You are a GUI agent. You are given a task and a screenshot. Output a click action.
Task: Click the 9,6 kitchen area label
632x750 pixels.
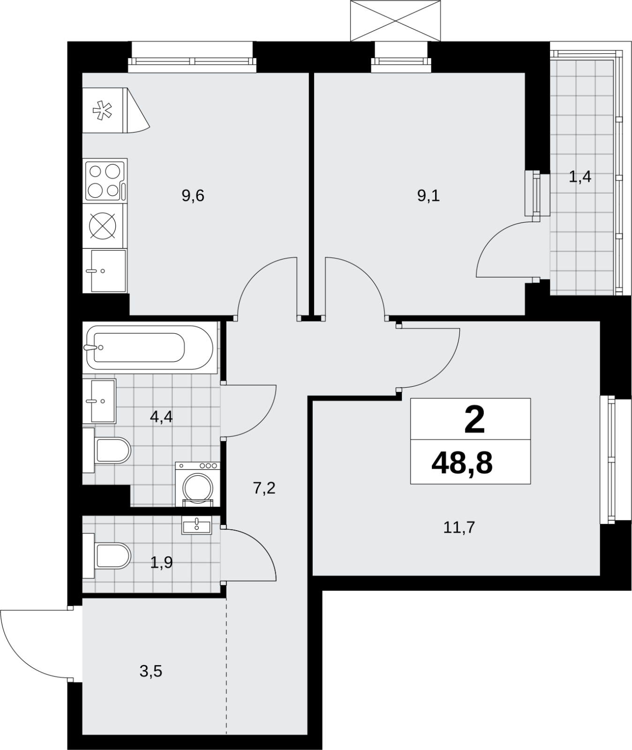coord(193,195)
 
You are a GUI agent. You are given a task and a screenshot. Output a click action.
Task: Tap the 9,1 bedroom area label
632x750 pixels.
coord(429,195)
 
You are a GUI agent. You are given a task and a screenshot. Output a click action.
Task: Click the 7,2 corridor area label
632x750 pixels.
coord(264,488)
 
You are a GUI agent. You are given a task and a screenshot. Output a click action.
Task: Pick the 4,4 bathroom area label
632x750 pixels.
coord(161,416)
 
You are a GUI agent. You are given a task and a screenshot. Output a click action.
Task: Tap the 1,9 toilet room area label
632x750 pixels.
coord(161,562)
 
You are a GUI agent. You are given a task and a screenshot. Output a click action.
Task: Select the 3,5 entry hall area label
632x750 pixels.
coord(151,671)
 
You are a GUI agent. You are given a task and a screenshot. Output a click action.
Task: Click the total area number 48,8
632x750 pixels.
coord(462,463)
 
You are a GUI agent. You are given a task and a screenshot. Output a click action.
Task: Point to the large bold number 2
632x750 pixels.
coord(474,420)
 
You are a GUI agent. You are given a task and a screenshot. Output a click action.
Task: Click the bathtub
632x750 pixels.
coord(150,347)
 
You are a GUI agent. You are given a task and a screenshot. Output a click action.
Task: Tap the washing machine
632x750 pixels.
coord(197,484)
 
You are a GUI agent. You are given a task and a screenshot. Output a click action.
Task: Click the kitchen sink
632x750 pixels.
coord(105,270)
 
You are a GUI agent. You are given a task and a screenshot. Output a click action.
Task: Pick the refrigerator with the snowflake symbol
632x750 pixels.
coord(116,111)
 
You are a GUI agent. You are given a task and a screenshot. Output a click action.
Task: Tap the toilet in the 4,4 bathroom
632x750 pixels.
coord(107,450)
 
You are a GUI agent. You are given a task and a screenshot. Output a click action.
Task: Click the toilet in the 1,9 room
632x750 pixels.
coord(107,556)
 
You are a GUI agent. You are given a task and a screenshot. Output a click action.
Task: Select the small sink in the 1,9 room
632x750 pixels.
coord(197,525)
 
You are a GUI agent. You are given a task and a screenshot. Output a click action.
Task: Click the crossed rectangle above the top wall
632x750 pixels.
coord(396,21)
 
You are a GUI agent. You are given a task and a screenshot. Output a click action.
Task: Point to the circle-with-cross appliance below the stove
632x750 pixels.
coord(103,225)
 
